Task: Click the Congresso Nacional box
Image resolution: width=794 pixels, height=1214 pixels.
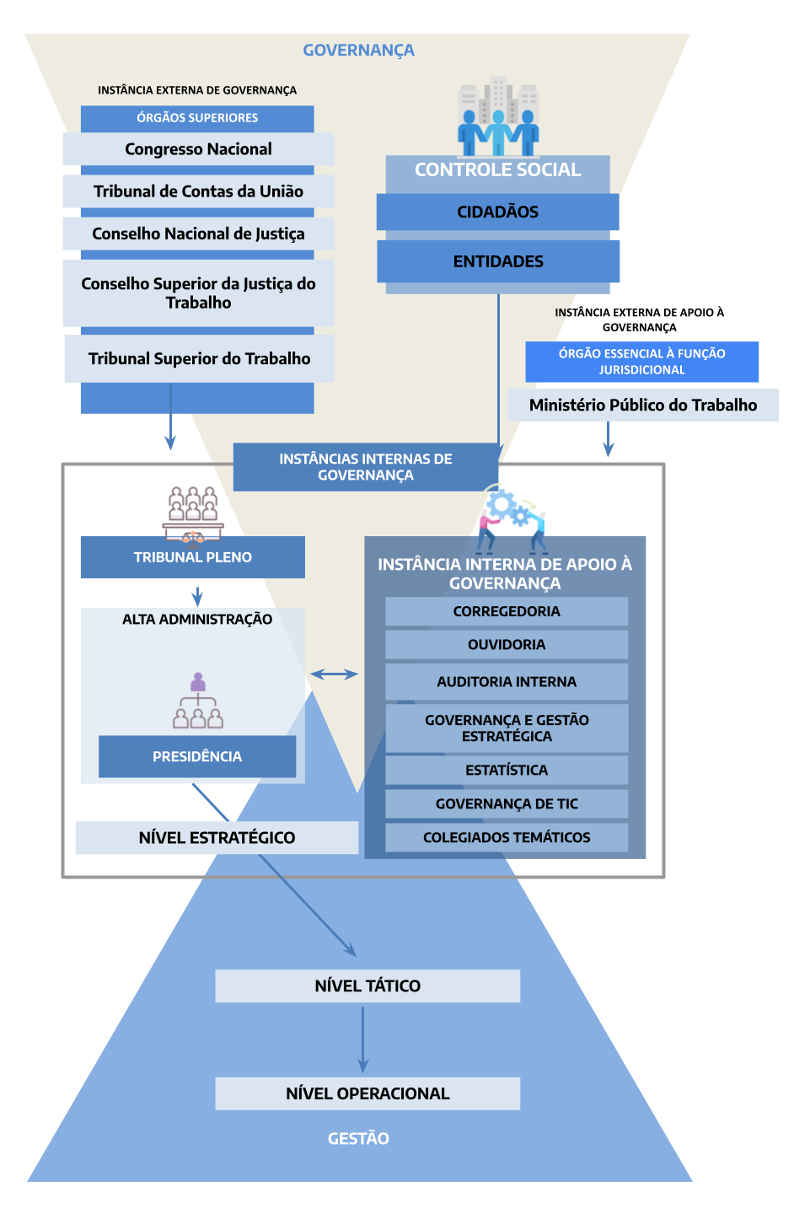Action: (198, 149)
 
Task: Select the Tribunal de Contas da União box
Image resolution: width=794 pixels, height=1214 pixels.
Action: (198, 191)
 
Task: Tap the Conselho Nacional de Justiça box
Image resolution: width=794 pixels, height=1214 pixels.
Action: (198, 234)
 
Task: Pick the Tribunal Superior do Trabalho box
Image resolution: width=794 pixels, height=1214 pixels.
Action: (199, 358)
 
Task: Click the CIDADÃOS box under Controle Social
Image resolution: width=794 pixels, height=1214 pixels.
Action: (497, 212)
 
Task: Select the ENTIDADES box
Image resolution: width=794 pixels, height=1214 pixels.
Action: (497, 261)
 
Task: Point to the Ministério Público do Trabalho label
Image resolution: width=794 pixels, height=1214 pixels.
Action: (642, 405)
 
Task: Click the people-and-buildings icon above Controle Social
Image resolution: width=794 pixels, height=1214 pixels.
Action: (498, 118)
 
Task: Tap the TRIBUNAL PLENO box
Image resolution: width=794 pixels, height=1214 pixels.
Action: (192, 557)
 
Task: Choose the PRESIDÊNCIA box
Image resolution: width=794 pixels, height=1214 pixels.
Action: (196, 756)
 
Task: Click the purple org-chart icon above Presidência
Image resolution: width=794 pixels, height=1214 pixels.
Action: (198, 701)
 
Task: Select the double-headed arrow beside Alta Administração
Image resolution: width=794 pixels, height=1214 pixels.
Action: (334, 674)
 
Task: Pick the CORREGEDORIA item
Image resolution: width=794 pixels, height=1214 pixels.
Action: (507, 611)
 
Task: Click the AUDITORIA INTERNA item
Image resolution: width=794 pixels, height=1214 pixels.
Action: (507, 681)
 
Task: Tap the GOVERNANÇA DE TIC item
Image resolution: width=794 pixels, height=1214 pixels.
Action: (507, 803)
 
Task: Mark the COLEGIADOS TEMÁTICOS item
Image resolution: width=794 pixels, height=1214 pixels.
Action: (507, 837)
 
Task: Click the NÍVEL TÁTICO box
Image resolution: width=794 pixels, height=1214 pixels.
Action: (367, 986)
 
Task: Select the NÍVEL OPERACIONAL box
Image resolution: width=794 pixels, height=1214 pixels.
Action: (367, 1093)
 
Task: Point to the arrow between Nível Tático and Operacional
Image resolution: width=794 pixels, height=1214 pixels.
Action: (363, 1039)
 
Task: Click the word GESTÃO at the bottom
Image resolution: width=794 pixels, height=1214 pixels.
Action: (358, 1138)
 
